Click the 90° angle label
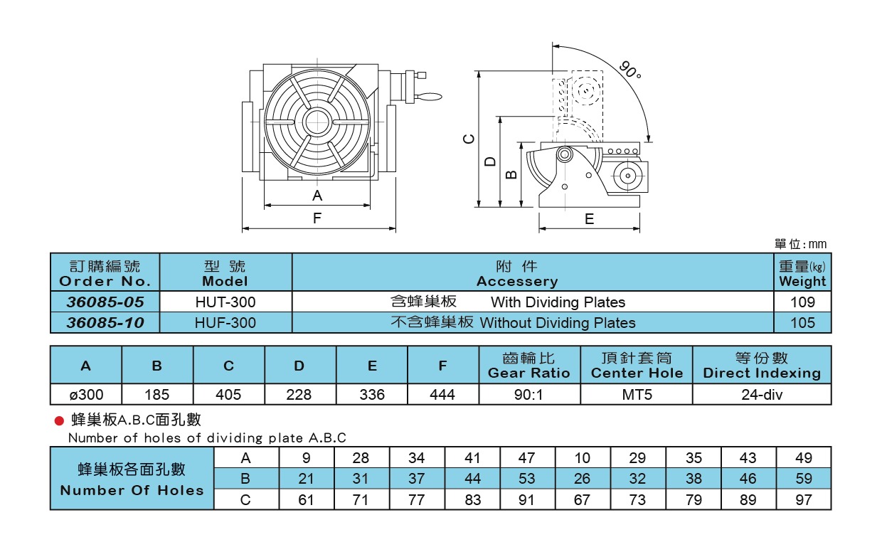(x=629, y=70)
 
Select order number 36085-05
(x=105, y=302)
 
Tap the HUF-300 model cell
(x=225, y=323)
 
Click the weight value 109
(x=802, y=302)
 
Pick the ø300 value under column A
(x=86, y=394)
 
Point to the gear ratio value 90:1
(x=528, y=394)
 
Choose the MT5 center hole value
(x=637, y=394)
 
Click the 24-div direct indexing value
(x=761, y=394)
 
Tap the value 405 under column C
(x=228, y=394)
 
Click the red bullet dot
(x=60, y=421)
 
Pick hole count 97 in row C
(x=803, y=500)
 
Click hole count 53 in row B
(x=526, y=479)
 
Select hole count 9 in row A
(x=306, y=458)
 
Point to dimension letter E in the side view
(x=589, y=220)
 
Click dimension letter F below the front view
(x=317, y=219)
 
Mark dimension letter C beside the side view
(x=468, y=139)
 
